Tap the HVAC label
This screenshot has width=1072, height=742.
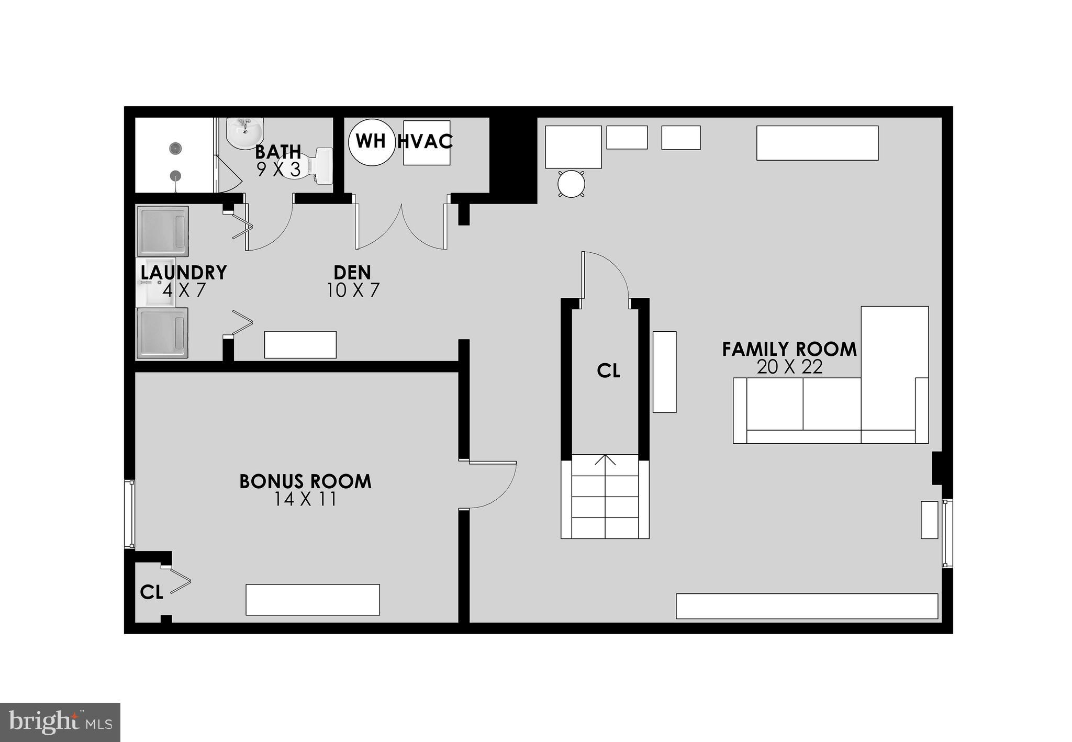click(425, 141)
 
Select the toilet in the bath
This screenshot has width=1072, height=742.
click(317, 165)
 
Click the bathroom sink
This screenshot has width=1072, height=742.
click(244, 132)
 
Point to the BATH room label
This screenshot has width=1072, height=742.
click(278, 152)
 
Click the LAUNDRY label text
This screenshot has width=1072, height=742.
click(184, 273)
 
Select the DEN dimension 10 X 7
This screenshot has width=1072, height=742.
click(353, 290)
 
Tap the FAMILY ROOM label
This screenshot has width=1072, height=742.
click(789, 349)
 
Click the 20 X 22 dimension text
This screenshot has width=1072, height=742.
click(789, 367)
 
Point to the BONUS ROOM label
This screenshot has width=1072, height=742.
click(305, 481)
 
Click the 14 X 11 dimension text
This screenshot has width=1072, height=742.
click(305, 499)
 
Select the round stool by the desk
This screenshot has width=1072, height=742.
click(571, 184)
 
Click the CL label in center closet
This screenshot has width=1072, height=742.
click(608, 371)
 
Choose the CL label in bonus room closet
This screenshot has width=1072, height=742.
click(152, 592)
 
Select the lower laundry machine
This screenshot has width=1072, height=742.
click(162, 333)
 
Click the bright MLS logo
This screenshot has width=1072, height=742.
click(60, 722)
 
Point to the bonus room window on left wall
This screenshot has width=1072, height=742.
click(129, 514)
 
